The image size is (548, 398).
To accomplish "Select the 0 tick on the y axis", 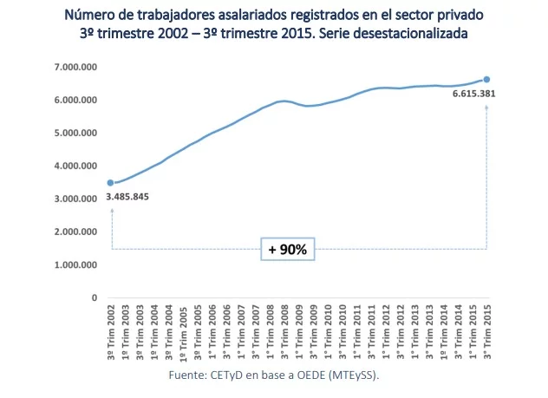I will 94,297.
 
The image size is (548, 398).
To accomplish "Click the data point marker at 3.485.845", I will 110,183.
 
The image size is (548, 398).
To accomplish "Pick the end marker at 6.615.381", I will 486,79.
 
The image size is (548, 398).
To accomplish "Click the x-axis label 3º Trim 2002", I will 110,335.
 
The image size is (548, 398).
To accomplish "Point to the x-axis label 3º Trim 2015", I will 486,335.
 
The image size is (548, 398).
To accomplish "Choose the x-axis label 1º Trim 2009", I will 298,335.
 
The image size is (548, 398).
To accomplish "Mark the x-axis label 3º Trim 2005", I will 197,335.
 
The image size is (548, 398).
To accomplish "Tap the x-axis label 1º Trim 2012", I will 385,335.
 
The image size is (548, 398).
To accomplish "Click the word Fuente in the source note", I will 186,377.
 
